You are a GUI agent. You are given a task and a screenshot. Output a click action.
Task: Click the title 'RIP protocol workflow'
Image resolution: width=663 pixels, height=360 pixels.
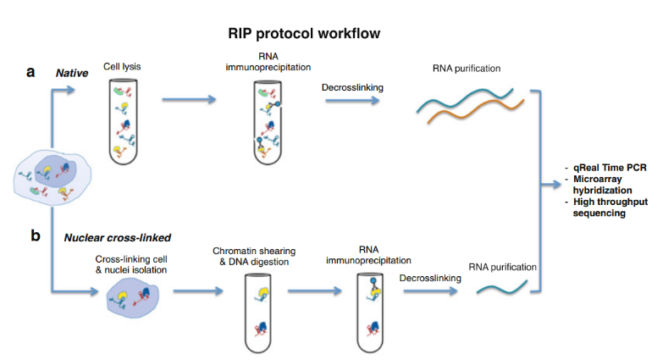[x=304, y=34]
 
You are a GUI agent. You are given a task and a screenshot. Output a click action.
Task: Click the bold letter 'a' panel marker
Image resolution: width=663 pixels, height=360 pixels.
[x=30, y=71]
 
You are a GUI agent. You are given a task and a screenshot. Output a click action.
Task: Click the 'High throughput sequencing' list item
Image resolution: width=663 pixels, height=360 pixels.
[x=608, y=208]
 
